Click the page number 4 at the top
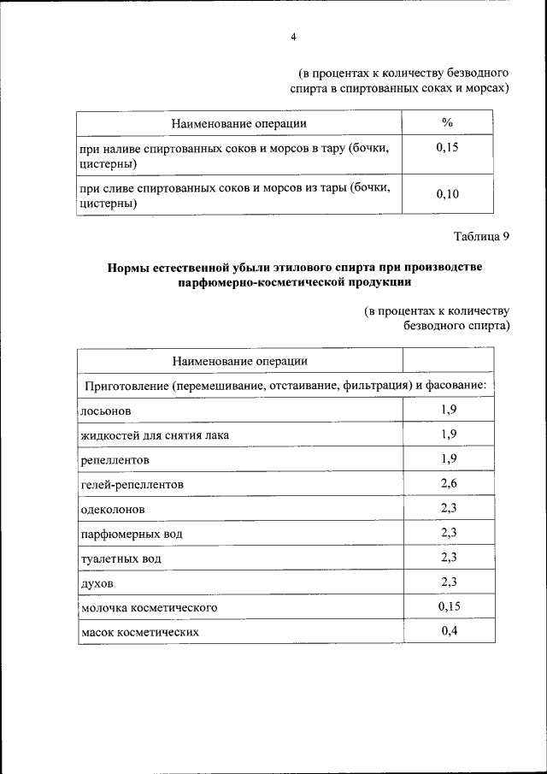(293, 37)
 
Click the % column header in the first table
(447, 123)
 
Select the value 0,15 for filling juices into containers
(447, 148)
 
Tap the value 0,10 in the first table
(447, 195)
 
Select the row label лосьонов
(106, 411)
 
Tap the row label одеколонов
(113, 509)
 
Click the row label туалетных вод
(121, 558)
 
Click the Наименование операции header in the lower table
(239, 361)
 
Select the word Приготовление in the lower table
(125, 386)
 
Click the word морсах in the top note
(488, 87)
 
